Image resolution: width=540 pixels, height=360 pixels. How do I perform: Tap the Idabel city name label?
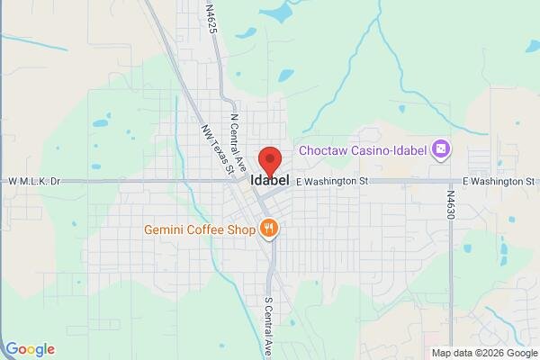click(x=270, y=180)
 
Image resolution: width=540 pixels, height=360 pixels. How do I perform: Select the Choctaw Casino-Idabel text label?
click(x=364, y=148)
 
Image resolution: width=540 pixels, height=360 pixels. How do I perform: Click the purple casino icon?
click(x=440, y=148)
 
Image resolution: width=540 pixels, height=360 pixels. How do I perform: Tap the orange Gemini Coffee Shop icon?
click(x=267, y=229)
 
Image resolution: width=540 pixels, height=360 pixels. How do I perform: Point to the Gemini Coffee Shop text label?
click(x=200, y=229)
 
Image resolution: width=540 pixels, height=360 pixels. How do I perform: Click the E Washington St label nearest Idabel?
click(x=332, y=181)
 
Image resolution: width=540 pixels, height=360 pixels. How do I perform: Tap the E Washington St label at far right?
click(x=498, y=181)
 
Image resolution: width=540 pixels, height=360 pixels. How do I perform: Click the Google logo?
click(x=29, y=349)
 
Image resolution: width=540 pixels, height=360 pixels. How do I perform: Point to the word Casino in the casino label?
click(x=362, y=148)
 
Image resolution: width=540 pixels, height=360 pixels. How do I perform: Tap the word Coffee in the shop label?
click(x=209, y=229)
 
